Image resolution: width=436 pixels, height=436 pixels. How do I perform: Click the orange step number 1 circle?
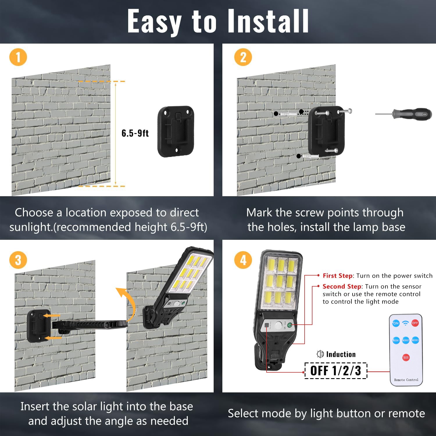[18, 57]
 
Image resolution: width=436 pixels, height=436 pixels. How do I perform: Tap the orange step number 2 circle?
[243, 57]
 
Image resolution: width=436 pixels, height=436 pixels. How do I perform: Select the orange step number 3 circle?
[18, 260]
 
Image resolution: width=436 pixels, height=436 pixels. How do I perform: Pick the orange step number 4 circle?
[243, 260]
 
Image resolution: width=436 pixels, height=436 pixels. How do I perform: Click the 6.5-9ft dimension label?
[135, 133]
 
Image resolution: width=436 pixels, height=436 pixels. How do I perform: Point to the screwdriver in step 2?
[404, 114]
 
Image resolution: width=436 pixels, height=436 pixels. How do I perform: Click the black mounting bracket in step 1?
[176, 131]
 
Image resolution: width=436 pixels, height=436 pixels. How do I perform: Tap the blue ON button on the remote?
[396, 323]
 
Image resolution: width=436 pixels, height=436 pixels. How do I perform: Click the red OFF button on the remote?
[415, 323]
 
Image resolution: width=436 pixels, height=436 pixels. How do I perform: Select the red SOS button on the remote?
[406, 358]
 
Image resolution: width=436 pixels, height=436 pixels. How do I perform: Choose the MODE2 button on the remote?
[405, 340]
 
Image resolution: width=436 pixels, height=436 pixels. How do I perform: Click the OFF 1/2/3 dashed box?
[336, 371]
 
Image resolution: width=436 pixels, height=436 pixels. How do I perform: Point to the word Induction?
[341, 354]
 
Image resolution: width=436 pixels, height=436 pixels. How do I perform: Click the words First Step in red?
[337, 276]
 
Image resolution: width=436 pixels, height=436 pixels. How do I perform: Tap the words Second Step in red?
[342, 286]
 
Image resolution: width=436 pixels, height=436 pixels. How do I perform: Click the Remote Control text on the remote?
[406, 380]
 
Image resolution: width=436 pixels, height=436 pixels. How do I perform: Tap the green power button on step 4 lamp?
[290, 325]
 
